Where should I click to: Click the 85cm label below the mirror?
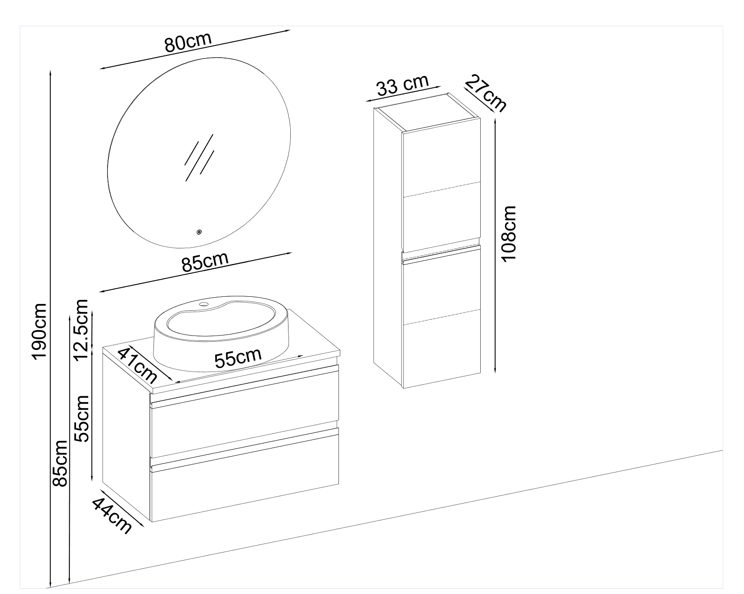[x=205, y=262]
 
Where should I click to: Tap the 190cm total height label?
[x=40, y=331]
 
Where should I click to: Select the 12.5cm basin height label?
[x=82, y=330]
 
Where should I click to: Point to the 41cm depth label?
[x=137, y=364]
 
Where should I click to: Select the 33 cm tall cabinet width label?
[x=402, y=86]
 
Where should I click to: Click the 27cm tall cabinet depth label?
[x=485, y=94]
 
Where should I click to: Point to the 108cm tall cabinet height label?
[x=509, y=233]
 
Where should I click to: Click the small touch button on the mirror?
[x=198, y=232]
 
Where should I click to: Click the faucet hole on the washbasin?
[x=204, y=305]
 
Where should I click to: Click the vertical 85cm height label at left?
[x=60, y=463]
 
